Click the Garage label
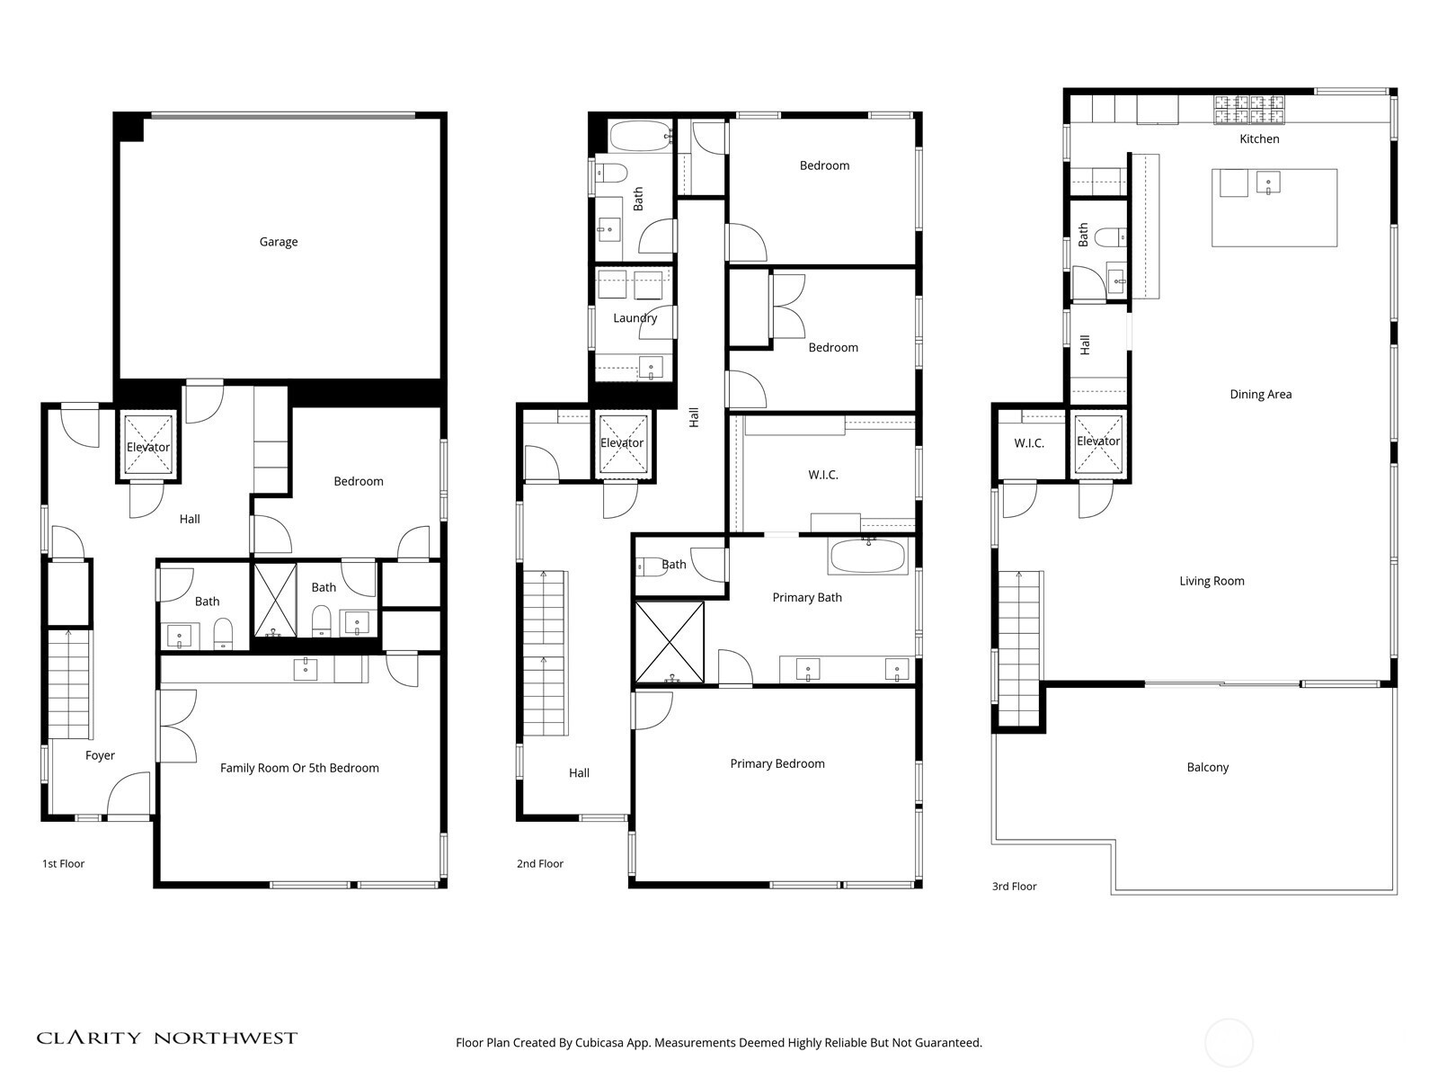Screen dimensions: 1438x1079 pos(279,242)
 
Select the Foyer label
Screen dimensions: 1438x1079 pos(100,755)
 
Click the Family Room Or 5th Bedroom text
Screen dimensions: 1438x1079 pos(299,768)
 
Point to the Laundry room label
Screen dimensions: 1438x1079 pos(635,318)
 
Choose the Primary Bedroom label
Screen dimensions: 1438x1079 pos(777,764)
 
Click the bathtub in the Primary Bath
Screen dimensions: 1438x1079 pos(868,556)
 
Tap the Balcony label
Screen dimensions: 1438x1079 pos(1207,767)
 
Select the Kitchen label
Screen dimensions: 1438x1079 pos(1259,138)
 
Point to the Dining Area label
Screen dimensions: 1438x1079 pos(1260,395)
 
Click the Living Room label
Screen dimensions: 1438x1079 pos(1212,581)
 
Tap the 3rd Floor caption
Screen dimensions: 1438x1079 pos(1014,887)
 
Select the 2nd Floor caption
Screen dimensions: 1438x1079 pos(540,863)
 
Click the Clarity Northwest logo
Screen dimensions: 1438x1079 pos(166,1038)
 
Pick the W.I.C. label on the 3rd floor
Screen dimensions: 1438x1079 pos(1028,443)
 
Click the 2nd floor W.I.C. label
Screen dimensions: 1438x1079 pos(823,475)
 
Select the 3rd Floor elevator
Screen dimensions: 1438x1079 pos(1098,441)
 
